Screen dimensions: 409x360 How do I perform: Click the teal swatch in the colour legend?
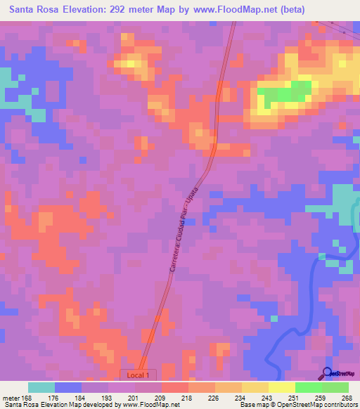pos(41,387)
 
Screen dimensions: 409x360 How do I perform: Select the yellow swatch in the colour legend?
pos(281,387)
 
